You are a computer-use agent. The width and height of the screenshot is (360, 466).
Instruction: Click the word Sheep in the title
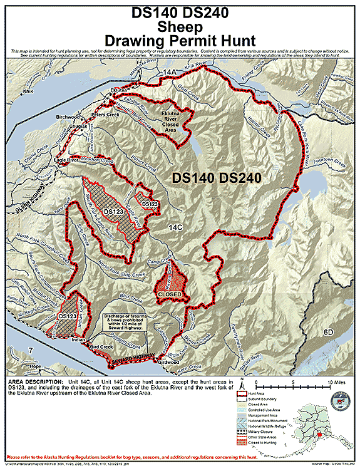(180, 27)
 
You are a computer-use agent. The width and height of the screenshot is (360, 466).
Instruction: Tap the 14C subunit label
(174, 228)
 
